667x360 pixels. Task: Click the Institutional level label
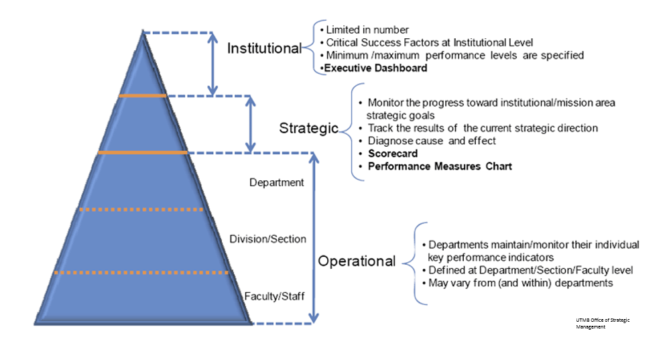[x=264, y=49]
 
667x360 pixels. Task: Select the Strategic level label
[x=309, y=129]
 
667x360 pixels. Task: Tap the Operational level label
[x=357, y=261]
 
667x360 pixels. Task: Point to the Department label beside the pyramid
[x=276, y=182]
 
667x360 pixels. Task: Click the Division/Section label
[x=267, y=239]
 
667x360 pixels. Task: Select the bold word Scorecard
[x=393, y=154]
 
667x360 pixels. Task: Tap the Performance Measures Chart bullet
[x=440, y=166]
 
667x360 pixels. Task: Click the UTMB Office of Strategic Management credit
[x=603, y=323]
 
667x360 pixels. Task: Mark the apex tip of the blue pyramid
[x=143, y=32]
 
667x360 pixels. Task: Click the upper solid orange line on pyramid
[x=142, y=96]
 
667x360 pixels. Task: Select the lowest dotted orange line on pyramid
[x=141, y=273]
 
